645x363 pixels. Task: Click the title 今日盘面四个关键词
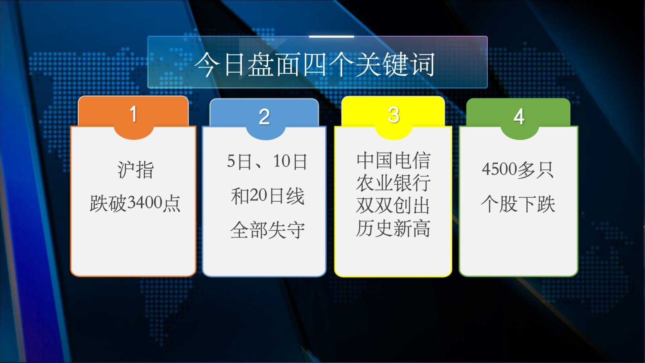[x=315, y=65]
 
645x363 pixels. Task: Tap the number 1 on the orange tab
[x=133, y=114]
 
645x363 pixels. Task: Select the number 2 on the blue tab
[x=264, y=117]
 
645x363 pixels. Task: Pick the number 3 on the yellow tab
[x=393, y=115]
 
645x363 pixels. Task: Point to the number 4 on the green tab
[x=519, y=117]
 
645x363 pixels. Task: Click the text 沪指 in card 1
[x=135, y=169]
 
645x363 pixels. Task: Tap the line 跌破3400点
[x=135, y=203]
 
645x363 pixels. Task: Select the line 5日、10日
[x=267, y=162]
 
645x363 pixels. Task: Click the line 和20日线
[x=267, y=196]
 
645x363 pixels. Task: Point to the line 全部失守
[x=267, y=230]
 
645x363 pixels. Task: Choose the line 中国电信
[x=393, y=160]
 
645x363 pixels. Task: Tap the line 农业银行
[x=393, y=183]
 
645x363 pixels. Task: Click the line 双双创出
[x=393, y=205]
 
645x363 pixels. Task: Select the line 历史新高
[x=393, y=228]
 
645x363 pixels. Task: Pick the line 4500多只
[x=518, y=169]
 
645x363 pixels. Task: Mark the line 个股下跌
[x=518, y=204]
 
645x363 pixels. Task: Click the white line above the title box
[x=331, y=37]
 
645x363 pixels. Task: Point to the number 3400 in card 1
[x=145, y=202]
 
